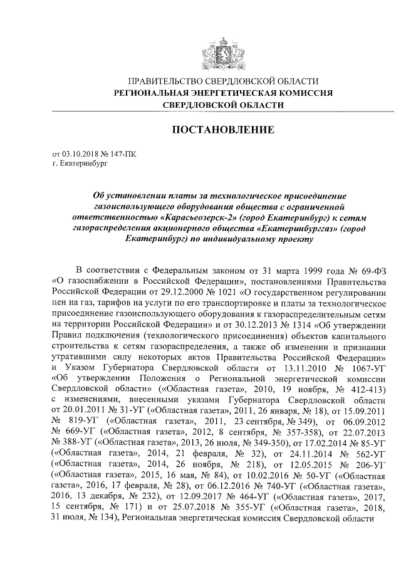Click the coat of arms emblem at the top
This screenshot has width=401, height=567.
[x=222, y=51]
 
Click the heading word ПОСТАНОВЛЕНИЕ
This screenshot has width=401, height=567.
[x=223, y=130]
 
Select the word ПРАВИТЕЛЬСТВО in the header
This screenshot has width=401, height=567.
[x=166, y=81]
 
